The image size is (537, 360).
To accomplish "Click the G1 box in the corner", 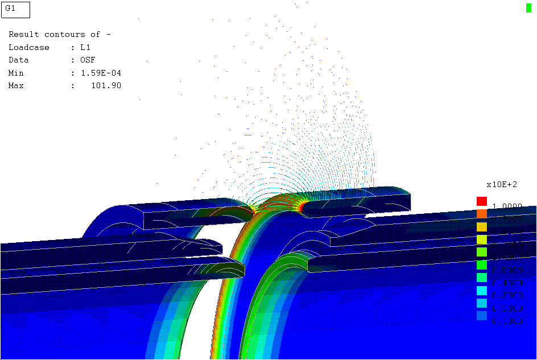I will click(x=15, y=10).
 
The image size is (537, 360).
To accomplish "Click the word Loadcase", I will click(x=29, y=48).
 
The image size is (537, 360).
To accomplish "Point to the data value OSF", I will click(x=88, y=60).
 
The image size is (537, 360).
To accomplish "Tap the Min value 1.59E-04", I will click(x=101, y=73).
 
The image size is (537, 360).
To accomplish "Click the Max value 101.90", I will click(x=106, y=86).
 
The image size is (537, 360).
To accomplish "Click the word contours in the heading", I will click(x=64, y=35).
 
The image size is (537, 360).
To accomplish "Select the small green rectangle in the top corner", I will click(x=528, y=7).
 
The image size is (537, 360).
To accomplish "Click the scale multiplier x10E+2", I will click(x=502, y=184).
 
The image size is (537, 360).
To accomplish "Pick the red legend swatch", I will click(x=482, y=201).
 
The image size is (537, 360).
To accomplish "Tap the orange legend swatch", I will click(x=482, y=214).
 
